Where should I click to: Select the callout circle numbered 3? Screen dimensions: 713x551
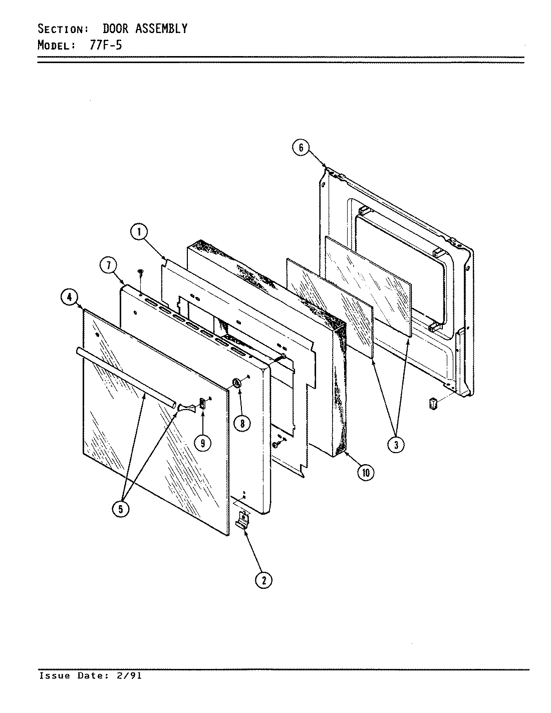[396, 444]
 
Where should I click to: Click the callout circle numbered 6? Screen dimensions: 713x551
[301, 148]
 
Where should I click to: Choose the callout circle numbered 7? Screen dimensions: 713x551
[108, 266]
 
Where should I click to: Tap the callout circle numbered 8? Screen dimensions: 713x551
[242, 423]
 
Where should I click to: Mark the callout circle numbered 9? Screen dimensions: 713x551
[202, 443]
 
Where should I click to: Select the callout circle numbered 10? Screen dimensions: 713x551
[366, 472]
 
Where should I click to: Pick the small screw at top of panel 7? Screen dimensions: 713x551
[141, 271]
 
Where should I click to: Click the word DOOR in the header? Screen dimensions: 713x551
[115, 29]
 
